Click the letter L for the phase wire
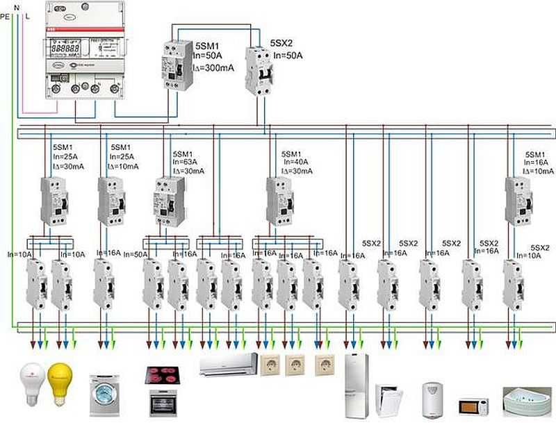(x=27, y=14)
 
